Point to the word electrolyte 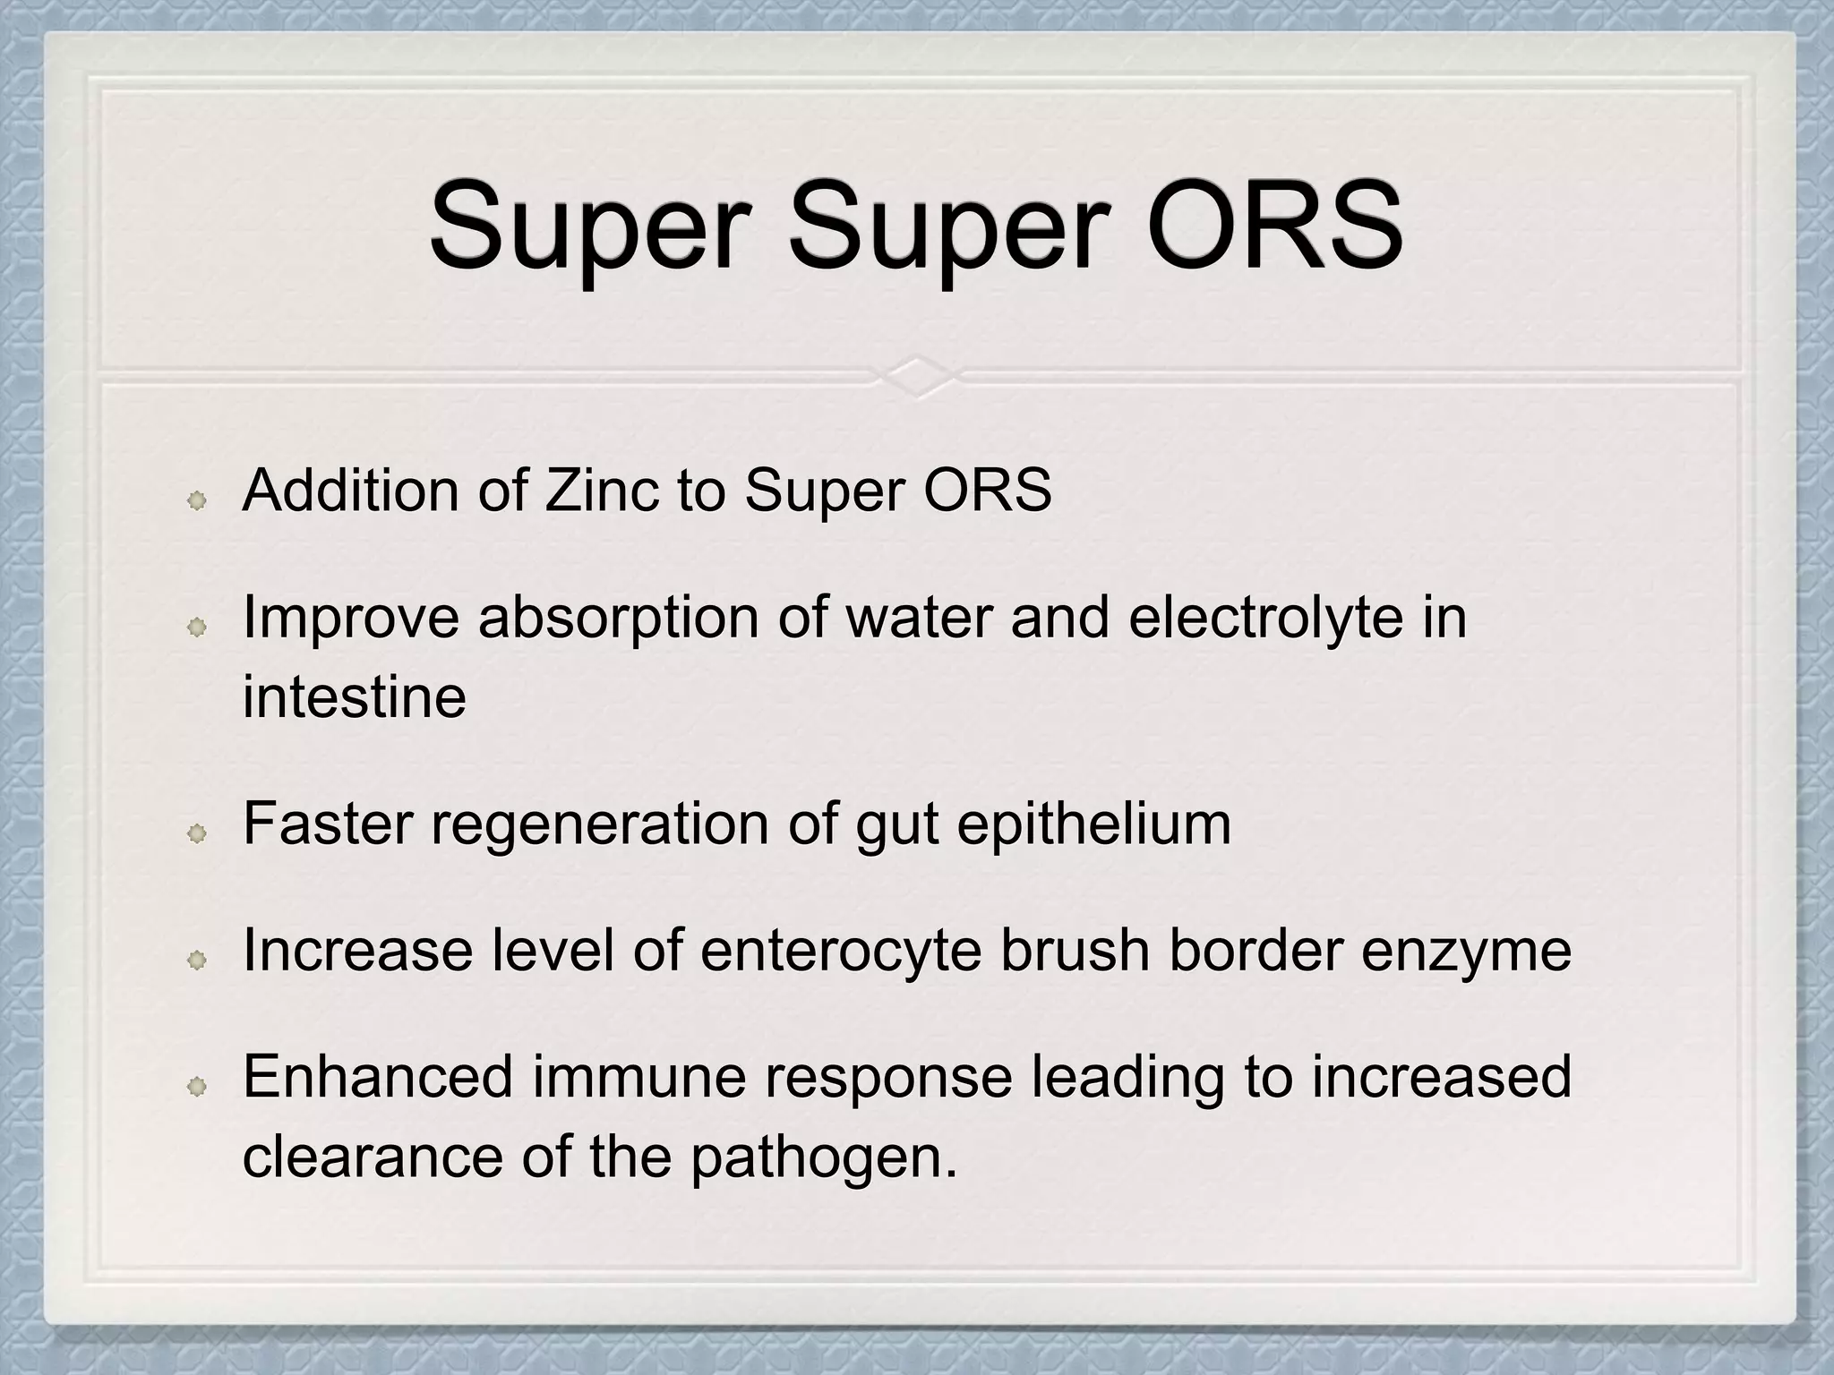click(x=1265, y=618)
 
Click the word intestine click(x=355, y=697)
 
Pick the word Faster click(x=328, y=824)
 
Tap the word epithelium click(x=1093, y=824)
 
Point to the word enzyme click(x=1466, y=950)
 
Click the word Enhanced click(x=377, y=1077)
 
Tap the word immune click(x=639, y=1077)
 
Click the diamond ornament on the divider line click(x=917, y=377)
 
